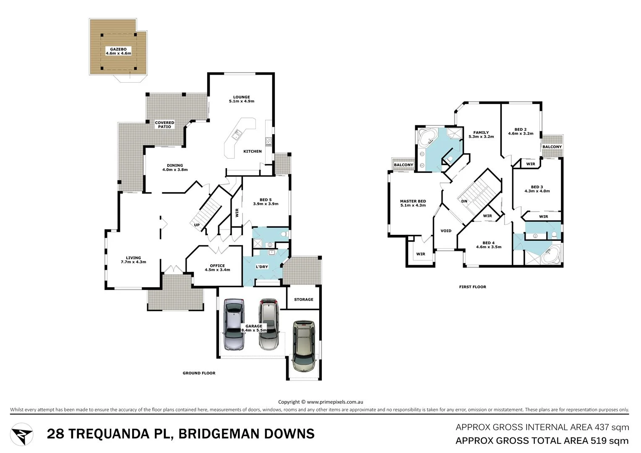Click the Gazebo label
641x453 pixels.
[x=118, y=51]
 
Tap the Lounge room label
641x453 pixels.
[x=242, y=99]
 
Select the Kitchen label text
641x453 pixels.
[x=253, y=151]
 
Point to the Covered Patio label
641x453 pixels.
[x=164, y=125]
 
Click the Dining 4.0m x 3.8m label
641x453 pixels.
[x=175, y=167]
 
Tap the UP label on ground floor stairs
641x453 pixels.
[x=197, y=225]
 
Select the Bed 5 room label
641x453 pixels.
[x=266, y=202]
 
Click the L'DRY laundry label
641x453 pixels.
[x=262, y=267]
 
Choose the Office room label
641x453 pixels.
[x=217, y=268]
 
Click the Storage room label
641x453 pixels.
[x=304, y=299]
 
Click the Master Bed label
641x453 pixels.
[x=413, y=203]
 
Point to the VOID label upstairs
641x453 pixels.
[x=446, y=231]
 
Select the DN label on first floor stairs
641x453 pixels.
[x=464, y=201]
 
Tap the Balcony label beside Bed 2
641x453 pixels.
[x=552, y=147]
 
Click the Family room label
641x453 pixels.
[x=481, y=134]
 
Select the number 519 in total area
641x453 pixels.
[x=594, y=441]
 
